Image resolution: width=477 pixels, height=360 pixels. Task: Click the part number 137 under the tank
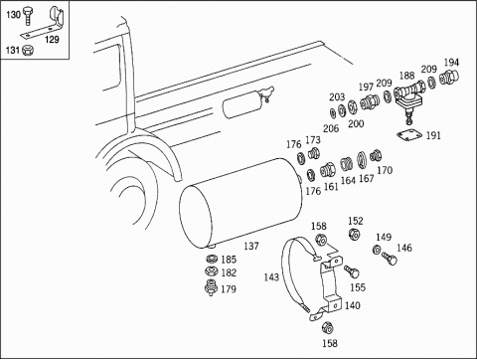click(x=251, y=246)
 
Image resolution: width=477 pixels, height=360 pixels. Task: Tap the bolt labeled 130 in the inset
click(x=28, y=17)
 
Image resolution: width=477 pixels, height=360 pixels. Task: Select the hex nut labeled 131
click(x=28, y=50)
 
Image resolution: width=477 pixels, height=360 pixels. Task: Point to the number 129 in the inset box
click(x=52, y=40)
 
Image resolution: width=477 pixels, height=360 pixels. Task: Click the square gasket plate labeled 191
click(x=409, y=135)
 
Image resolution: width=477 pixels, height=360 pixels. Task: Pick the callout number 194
click(x=451, y=63)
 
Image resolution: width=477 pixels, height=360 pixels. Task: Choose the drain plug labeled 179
click(x=210, y=287)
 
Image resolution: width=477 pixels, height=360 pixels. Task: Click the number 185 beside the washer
click(x=229, y=260)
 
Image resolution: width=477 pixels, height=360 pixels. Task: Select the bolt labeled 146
click(x=390, y=258)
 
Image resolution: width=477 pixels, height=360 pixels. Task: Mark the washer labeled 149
click(x=377, y=250)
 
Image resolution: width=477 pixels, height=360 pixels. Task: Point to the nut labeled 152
click(x=354, y=234)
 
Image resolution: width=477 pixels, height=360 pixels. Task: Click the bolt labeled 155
click(x=352, y=271)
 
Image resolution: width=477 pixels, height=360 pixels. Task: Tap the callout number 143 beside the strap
click(x=271, y=276)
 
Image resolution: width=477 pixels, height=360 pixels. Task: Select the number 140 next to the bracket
click(x=352, y=305)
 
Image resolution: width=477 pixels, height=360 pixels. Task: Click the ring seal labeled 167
click(x=362, y=160)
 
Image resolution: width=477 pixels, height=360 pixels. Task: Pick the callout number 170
click(x=385, y=170)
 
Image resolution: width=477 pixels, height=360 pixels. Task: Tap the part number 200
click(x=356, y=123)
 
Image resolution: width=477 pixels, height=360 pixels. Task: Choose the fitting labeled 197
click(x=369, y=101)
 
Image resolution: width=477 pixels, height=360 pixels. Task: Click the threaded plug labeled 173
click(x=313, y=153)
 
